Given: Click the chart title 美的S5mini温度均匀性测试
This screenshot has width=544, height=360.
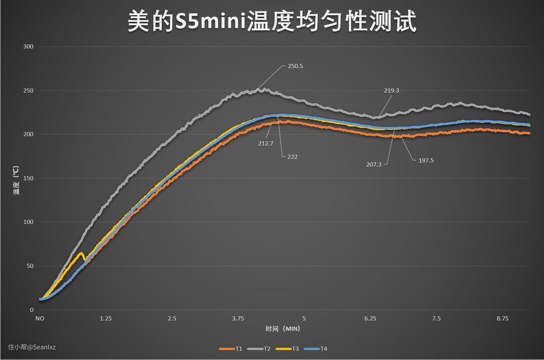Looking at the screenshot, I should tap(271, 22).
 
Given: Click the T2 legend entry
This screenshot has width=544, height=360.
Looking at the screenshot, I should tap(266, 348).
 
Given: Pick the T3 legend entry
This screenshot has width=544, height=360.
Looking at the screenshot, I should tap(295, 348).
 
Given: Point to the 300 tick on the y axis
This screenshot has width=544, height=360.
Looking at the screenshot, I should tap(28, 47).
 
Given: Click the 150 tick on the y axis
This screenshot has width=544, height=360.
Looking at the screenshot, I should tap(28, 178).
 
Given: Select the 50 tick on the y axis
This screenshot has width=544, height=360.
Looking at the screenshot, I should tap(30, 266).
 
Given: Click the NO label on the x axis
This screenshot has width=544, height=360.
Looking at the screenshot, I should tap(39, 319).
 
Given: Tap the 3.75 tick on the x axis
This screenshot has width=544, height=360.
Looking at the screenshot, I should tap(238, 319).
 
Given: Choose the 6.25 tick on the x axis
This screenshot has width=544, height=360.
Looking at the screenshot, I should tap(370, 319).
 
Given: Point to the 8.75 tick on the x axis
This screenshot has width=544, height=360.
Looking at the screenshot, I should tap(503, 319).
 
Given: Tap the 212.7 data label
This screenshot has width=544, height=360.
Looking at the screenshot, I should tap(266, 143).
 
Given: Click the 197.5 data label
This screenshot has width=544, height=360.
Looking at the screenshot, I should tap(426, 161).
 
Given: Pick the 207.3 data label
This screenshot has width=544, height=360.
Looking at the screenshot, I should tap(374, 164).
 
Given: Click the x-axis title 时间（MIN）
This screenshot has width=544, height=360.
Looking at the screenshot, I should tap(283, 329).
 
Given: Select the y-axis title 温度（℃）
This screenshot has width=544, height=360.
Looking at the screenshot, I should tap(17, 180).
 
